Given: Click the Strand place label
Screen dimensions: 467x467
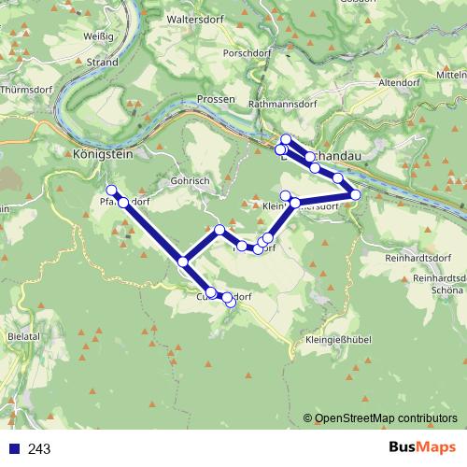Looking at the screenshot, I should point(102,63).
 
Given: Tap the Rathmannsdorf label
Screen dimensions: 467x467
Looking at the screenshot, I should point(286,105).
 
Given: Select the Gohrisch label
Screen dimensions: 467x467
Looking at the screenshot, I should point(191,180).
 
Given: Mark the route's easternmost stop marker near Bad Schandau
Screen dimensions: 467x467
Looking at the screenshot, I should point(355,194).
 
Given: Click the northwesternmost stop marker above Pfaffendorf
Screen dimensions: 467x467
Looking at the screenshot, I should point(112,191).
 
